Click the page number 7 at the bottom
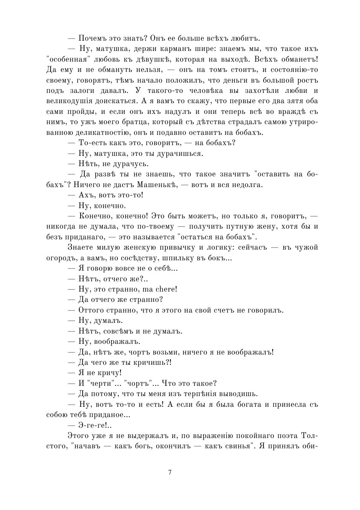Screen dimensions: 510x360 170,472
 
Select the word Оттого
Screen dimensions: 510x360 92,310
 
